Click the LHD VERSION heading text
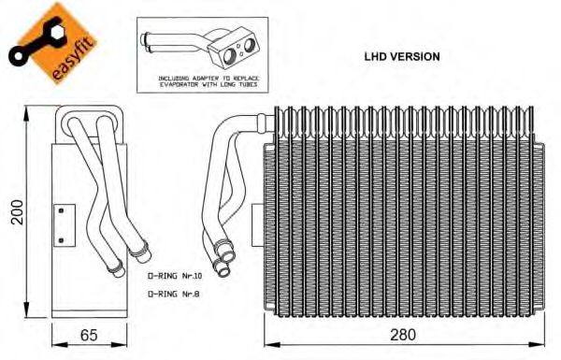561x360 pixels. coord(402,56)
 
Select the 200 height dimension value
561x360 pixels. coord(17,212)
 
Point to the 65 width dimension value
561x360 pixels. coord(89,335)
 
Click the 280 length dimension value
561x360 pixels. coord(403,335)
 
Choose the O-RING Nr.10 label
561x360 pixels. coord(175,276)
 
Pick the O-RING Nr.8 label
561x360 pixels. coord(173,295)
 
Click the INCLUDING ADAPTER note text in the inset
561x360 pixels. coord(209,81)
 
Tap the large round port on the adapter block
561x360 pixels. coord(229,56)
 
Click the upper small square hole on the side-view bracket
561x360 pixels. coord(61,210)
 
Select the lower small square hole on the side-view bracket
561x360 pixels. coord(61,240)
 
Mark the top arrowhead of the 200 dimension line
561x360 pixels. coord(26,114)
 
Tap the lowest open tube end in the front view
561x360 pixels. coord(223,271)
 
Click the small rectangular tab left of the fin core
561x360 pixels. coord(258,225)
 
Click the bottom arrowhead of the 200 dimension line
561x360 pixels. coord(26,310)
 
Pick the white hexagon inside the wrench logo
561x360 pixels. coord(56,34)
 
